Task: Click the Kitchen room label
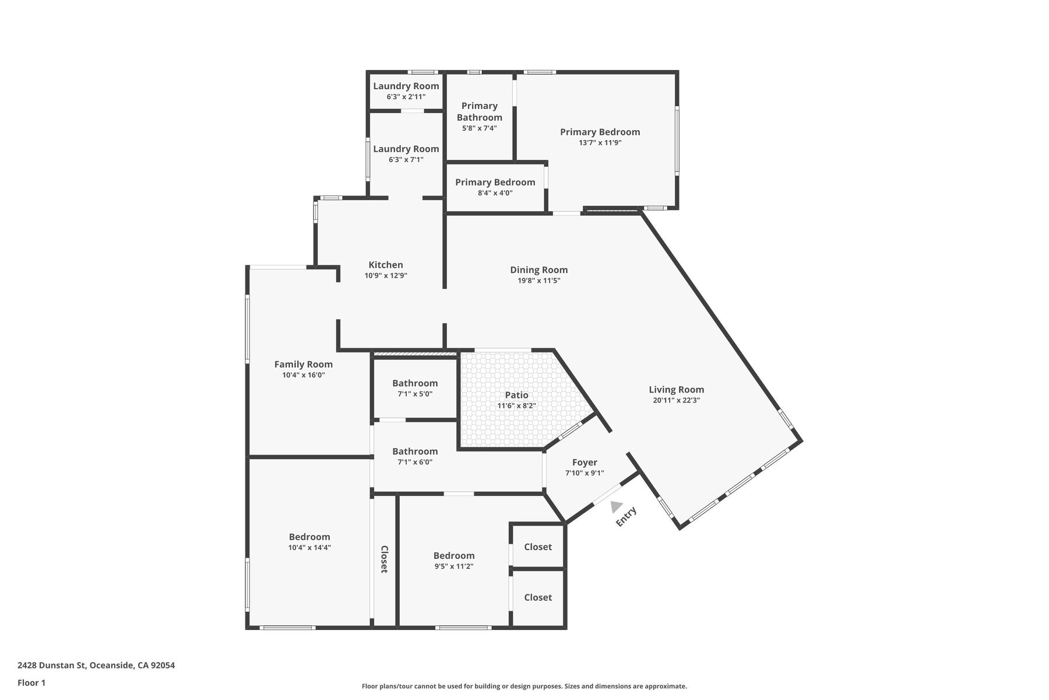tap(386, 265)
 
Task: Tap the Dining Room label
tap(539, 269)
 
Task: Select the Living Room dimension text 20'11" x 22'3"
tap(677, 400)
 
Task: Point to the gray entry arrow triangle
tap(616, 506)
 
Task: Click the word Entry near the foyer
tap(626, 517)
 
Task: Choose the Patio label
tap(517, 395)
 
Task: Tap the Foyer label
tap(585, 463)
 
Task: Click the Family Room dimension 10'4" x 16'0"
tap(304, 375)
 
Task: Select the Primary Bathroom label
tap(480, 111)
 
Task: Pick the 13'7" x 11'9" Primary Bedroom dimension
tap(600, 142)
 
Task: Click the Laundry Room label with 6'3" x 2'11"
tap(406, 86)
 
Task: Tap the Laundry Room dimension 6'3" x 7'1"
tap(406, 159)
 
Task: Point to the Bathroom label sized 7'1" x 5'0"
tap(415, 383)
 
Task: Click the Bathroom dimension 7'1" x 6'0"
tap(415, 462)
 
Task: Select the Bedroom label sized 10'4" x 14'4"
tap(309, 537)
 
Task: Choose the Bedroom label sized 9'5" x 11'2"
tap(454, 555)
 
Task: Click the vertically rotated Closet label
tap(385, 559)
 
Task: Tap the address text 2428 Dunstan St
tap(52, 665)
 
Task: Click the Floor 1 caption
tap(31, 682)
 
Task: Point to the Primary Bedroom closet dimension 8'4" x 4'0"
tap(495, 192)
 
